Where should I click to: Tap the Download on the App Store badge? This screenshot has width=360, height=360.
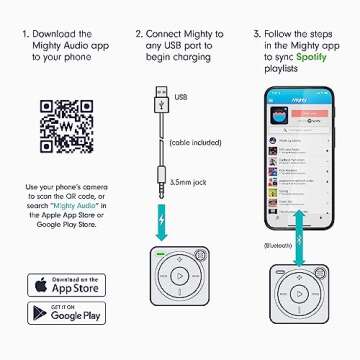click(x=65, y=284)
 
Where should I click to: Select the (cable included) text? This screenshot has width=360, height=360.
click(x=197, y=142)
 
